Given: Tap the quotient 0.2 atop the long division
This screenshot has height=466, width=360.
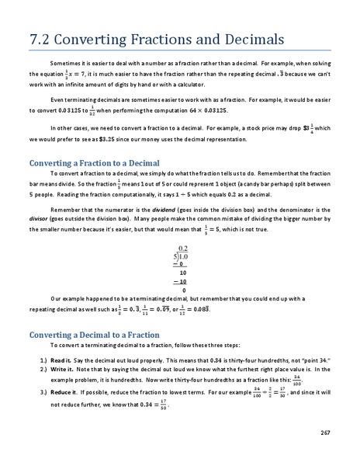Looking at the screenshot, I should coord(183,248).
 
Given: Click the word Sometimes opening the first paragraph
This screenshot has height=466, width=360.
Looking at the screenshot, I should coord(64,60).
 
